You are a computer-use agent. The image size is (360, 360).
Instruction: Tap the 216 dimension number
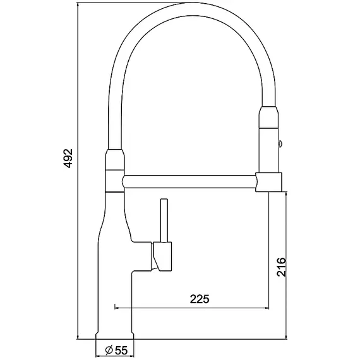pyautogui.click(x=282, y=268)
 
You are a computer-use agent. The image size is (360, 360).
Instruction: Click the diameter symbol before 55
pyautogui.click(x=109, y=349)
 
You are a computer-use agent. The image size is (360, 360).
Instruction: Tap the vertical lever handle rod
pyautogui.click(x=164, y=220)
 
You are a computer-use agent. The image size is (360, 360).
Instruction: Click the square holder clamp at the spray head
pyautogui.click(x=268, y=182)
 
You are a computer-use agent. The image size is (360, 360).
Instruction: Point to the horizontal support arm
pyautogui.click(x=189, y=182)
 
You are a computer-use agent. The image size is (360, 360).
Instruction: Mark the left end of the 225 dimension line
pyautogui.click(x=114, y=308)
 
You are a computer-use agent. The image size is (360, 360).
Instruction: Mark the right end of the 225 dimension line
pyautogui.click(x=270, y=308)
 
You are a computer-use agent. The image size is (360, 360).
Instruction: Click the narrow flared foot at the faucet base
pyautogui.click(x=114, y=333)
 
